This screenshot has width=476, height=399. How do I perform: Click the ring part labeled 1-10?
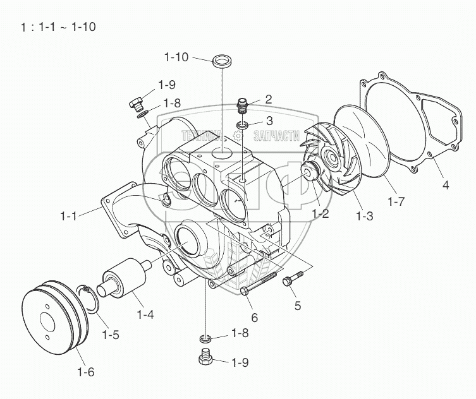click(x=221, y=61)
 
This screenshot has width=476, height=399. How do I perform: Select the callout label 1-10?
click(x=176, y=58)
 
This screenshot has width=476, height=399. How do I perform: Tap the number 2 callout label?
click(x=268, y=98)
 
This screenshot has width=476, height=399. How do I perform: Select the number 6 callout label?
click(x=254, y=317)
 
